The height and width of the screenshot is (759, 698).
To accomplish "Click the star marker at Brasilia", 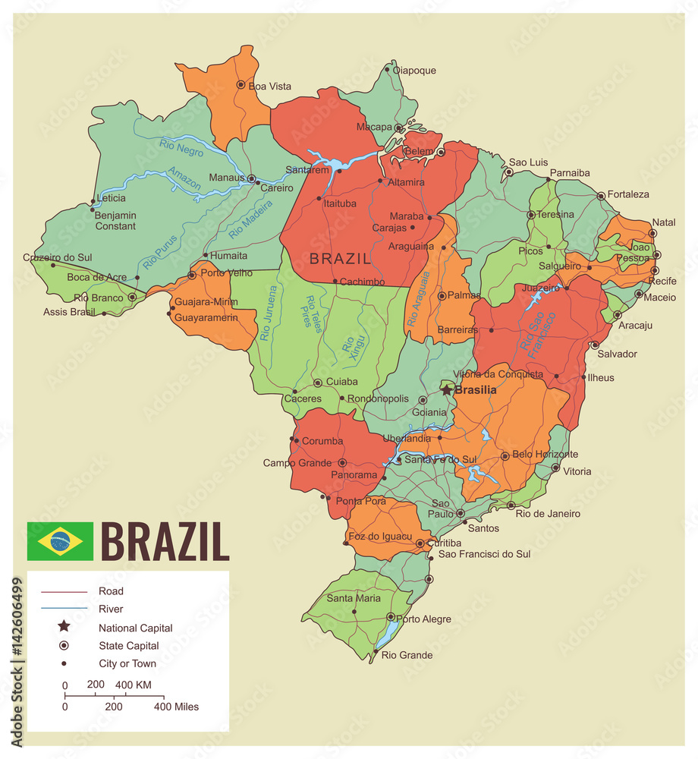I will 447,389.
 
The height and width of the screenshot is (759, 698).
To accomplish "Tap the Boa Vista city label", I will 269,87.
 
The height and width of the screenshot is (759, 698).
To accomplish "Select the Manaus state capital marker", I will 252,179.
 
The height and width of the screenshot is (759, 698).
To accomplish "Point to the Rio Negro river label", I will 181,146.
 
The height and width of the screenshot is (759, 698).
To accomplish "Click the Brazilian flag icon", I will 60,541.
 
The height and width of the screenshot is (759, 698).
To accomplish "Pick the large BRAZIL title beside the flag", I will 165,541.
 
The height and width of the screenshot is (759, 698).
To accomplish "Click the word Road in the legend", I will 111,591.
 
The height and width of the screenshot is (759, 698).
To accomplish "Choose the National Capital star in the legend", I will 64,627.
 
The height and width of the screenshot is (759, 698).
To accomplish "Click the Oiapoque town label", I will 413,71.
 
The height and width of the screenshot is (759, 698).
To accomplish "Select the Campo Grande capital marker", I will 342,462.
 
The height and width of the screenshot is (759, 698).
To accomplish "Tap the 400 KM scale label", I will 134,685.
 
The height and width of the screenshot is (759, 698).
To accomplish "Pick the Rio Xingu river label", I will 351,343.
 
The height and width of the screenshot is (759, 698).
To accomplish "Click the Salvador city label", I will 617,354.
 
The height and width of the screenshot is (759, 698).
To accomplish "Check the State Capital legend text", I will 128,646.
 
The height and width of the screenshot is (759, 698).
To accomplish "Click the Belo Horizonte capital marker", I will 505,456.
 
